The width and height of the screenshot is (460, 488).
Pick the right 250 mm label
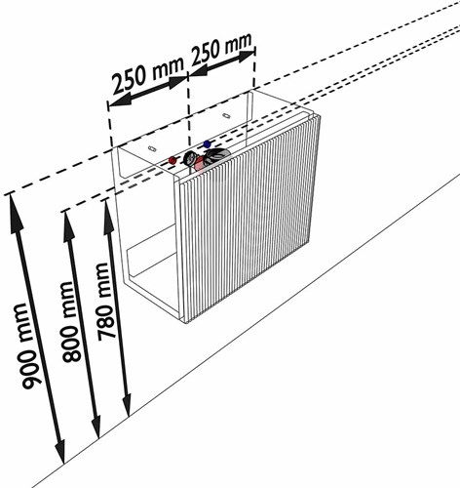(x=221, y=49)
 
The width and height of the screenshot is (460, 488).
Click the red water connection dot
(x=172, y=160)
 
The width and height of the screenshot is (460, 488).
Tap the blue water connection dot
(x=207, y=143)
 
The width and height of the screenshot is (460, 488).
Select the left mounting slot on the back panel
(x=152, y=148)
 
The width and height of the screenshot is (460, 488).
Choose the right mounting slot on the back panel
(x=226, y=115)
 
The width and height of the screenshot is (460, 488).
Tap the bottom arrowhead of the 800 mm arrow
(x=96, y=423)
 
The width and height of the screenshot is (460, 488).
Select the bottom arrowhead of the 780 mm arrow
(x=127, y=402)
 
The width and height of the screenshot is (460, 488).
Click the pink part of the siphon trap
(x=199, y=164)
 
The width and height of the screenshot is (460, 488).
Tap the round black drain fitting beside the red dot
(x=189, y=159)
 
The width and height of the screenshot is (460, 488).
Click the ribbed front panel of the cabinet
(x=248, y=219)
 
